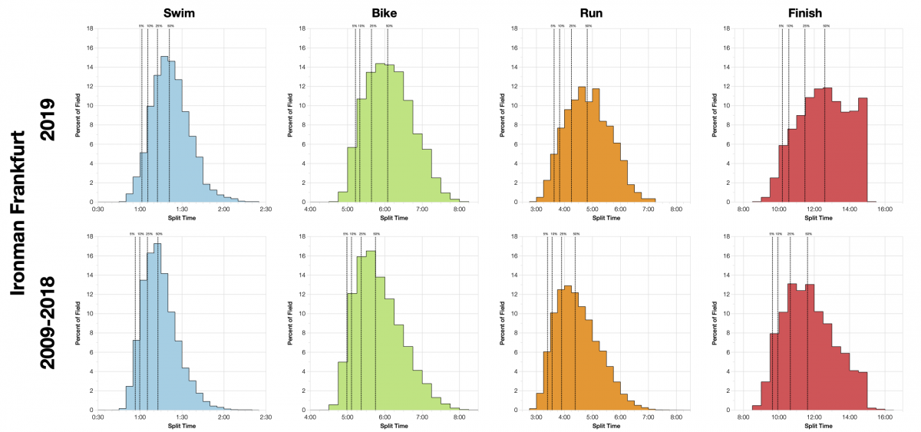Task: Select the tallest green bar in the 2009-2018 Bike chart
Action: (371, 330)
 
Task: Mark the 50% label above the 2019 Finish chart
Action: (825, 26)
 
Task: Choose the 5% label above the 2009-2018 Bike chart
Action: (345, 234)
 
